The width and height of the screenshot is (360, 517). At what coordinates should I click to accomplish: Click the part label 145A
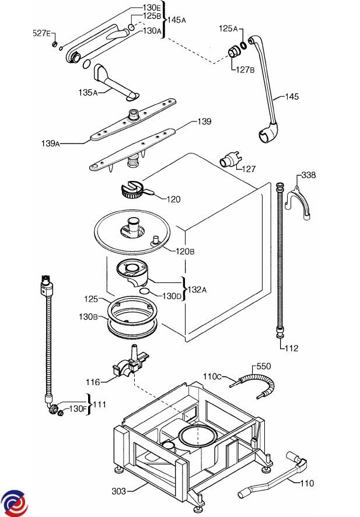pyautogui.click(x=177, y=20)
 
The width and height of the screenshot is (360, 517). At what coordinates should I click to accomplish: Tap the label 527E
pyautogui.click(x=41, y=34)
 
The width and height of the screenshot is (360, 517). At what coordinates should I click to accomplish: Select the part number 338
pyautogui.click(x=309, y=174)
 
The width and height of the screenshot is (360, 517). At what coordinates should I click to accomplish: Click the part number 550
pyautogui.click(x=264, y=366)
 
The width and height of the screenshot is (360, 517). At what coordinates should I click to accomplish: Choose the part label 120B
pyautogui.click(x=186, y=251)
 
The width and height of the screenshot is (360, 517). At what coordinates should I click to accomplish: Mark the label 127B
pyautogui.click(x=244, y=70)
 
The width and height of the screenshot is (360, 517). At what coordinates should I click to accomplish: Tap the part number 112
pyautogui.click(x=291, y=348)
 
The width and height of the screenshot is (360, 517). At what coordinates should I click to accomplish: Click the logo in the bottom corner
pyautogui.click(x=14, y=501)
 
